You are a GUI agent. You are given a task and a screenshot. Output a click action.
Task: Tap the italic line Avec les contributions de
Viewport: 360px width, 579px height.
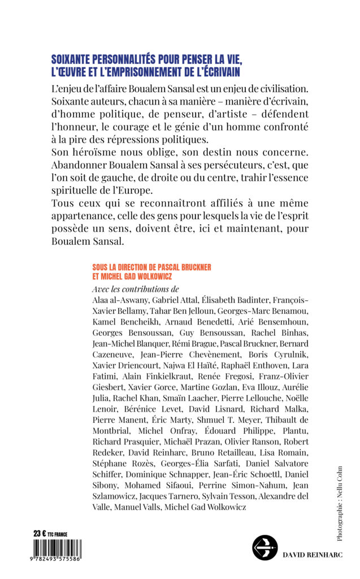[x=135, y=289]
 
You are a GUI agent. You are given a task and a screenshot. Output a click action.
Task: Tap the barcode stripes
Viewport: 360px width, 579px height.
[x=57, y=548]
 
